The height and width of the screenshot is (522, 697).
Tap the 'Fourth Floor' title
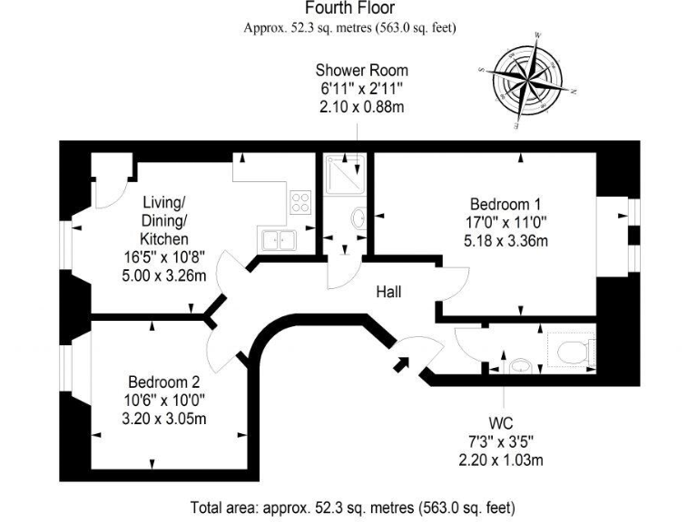click(349, 9)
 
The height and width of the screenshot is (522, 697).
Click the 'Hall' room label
click(389, 292)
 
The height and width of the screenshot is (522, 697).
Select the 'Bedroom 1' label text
click(507, 203)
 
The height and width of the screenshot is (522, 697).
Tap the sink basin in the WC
click(519, 365)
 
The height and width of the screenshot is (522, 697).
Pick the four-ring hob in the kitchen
click(300, 201)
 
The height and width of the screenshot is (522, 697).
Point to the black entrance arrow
click(399, 365)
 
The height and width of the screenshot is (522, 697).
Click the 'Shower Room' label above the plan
click(361, 70)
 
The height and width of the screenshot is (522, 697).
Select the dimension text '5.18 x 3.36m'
click(507, 240)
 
